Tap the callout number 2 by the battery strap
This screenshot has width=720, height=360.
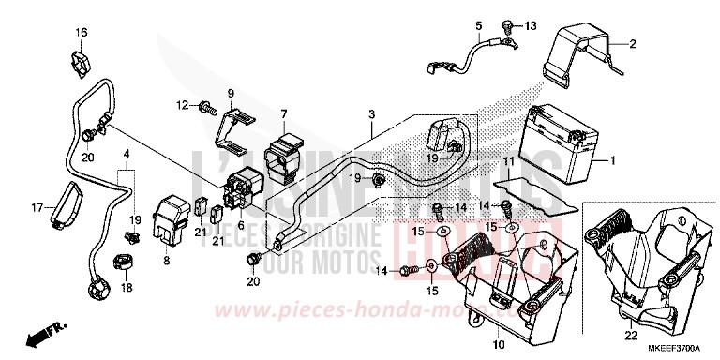[x=632, y=44]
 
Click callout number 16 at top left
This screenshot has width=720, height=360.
[x=82, y=34]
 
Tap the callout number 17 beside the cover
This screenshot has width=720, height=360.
[x=38, y=206]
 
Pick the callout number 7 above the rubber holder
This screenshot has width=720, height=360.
[x=283, y=114]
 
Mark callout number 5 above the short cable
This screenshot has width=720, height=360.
[x=477, y=25]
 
